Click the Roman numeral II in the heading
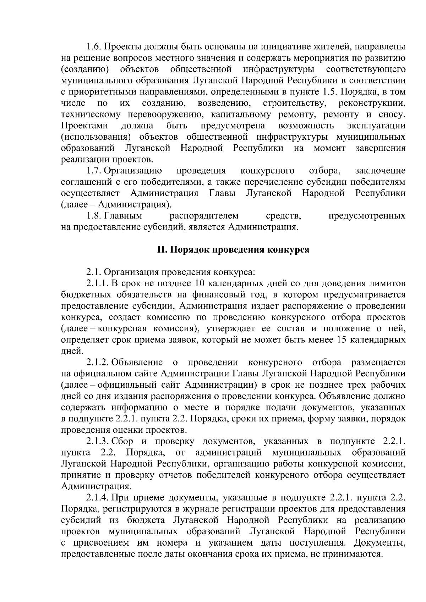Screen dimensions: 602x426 tap(162, 249)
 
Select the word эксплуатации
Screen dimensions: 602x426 tap(377, 126)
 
